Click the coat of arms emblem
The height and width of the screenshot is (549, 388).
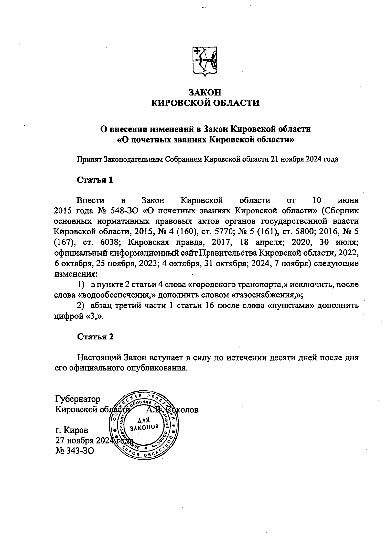tap(205, 61)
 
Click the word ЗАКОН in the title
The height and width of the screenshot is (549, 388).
tap(205, 92)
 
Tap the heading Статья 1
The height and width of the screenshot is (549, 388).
tap(95, 180)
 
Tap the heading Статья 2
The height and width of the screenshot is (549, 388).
tap(95, 337)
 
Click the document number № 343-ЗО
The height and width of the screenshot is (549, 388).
tap(75, 450)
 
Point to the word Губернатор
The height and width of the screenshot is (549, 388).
tap(78, 399)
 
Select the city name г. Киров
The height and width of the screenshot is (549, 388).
tap(71, 430)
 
